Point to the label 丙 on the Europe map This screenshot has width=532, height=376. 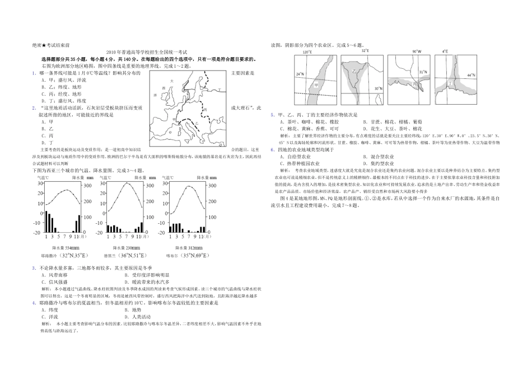[206, 109]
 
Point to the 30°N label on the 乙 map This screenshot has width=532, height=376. [378, 88]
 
